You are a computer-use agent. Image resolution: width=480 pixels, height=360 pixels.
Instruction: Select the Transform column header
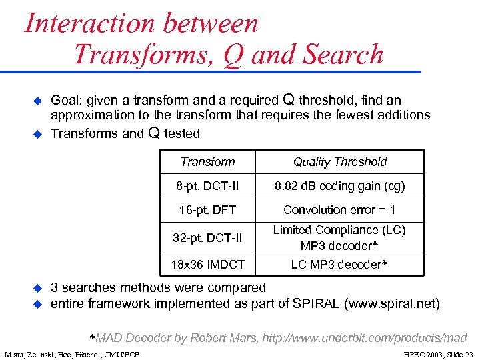click(x=207, y=162)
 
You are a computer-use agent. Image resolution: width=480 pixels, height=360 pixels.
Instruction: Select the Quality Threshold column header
click(x=339, y=162)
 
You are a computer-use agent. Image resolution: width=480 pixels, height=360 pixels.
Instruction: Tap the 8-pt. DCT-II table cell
click(x=207, y=186)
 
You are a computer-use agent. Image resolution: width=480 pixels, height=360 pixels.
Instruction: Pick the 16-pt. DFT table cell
click(x=207, y=210)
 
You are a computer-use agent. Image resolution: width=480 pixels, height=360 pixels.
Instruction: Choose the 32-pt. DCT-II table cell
click(x=207, y=238)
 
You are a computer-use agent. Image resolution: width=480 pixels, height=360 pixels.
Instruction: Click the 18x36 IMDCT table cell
click(x=207, y=265)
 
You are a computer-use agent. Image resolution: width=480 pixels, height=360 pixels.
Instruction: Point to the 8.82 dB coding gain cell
click(x=339, y=186)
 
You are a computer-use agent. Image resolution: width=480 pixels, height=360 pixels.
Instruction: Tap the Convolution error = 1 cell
click(x=339, y=210)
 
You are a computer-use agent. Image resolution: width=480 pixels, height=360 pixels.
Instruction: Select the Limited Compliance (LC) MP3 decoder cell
click(x=339, y=238)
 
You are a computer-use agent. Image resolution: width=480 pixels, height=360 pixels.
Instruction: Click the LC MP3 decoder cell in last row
click(x=339, y=265)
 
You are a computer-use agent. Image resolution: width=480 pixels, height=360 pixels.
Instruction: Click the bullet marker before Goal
click(x=38, y=101)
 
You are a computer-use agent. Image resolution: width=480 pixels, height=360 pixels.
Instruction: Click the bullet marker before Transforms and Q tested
click(x=38, y=133)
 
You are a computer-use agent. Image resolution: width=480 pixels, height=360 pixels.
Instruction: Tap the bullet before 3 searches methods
click(x=38, y=288)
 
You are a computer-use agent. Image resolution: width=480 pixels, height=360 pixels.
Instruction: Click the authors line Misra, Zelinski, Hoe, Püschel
click(x=72, y=354)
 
